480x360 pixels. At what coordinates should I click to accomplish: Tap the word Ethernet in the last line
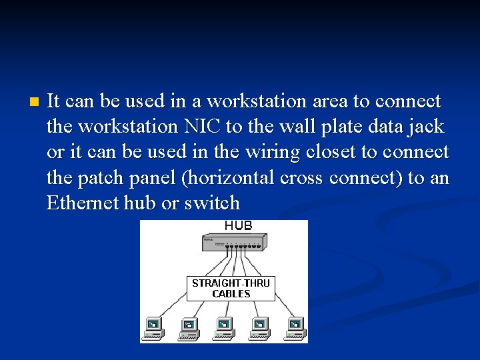pyautogui.click(x=83, y=203)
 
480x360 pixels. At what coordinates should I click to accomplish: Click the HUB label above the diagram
pyautogui.click(x=238, y=226)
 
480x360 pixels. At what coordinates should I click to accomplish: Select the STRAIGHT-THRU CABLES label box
pyautogui.click(x=231, y=288)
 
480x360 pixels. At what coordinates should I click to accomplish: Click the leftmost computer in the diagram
pyautogui.click(x=153, y=327)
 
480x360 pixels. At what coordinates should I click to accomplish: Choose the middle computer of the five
pyautogui.click(x=224, y=327)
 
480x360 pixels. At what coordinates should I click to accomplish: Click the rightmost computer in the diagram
pyautogui.click(x=294, y=327)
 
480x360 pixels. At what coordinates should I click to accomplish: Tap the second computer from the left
pyautogui.click(x=189, y=327)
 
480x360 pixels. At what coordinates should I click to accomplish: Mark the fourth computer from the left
pyautogui.click(x=259, y=327)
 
